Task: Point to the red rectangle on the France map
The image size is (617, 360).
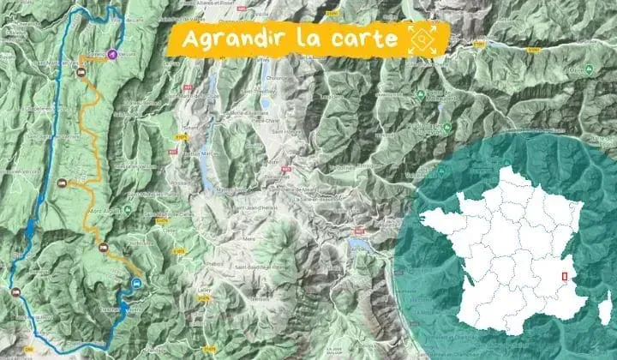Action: point(563,276)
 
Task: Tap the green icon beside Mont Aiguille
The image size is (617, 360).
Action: point(126,208)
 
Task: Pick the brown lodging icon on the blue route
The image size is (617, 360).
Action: point(61,182)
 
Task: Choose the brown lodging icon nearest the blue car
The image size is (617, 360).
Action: point(104,249)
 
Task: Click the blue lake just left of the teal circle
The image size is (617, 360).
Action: point(358,244)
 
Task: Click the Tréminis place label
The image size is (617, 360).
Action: point(258,300)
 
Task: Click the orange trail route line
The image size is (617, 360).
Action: point(86,129)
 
